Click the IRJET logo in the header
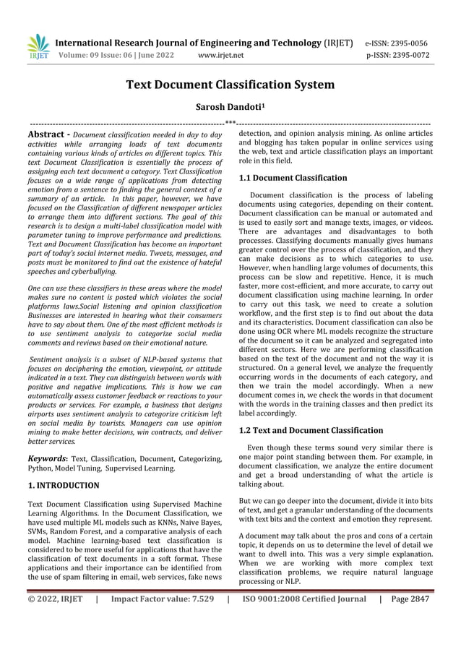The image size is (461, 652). (x=38, y=47)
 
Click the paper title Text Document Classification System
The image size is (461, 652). (x=231, y=85)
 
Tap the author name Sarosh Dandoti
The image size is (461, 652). (x=230, y=107)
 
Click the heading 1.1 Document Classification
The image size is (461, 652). (x=293, y=177)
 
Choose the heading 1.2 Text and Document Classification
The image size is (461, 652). (x=311, y=430)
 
